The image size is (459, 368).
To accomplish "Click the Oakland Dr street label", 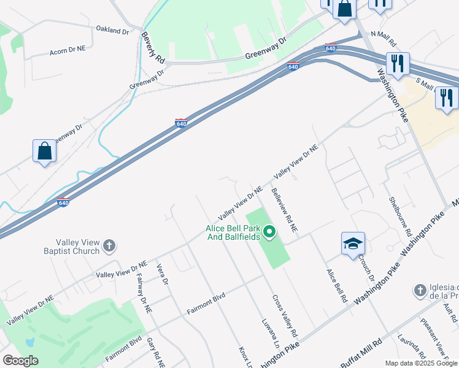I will click(112, 30).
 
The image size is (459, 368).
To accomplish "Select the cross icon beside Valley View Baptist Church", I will click(109, 247).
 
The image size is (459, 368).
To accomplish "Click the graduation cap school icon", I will click(353, 243).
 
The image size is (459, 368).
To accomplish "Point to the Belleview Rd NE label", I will click(284, 209).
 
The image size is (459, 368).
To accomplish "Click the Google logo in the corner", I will click(20, 361).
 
